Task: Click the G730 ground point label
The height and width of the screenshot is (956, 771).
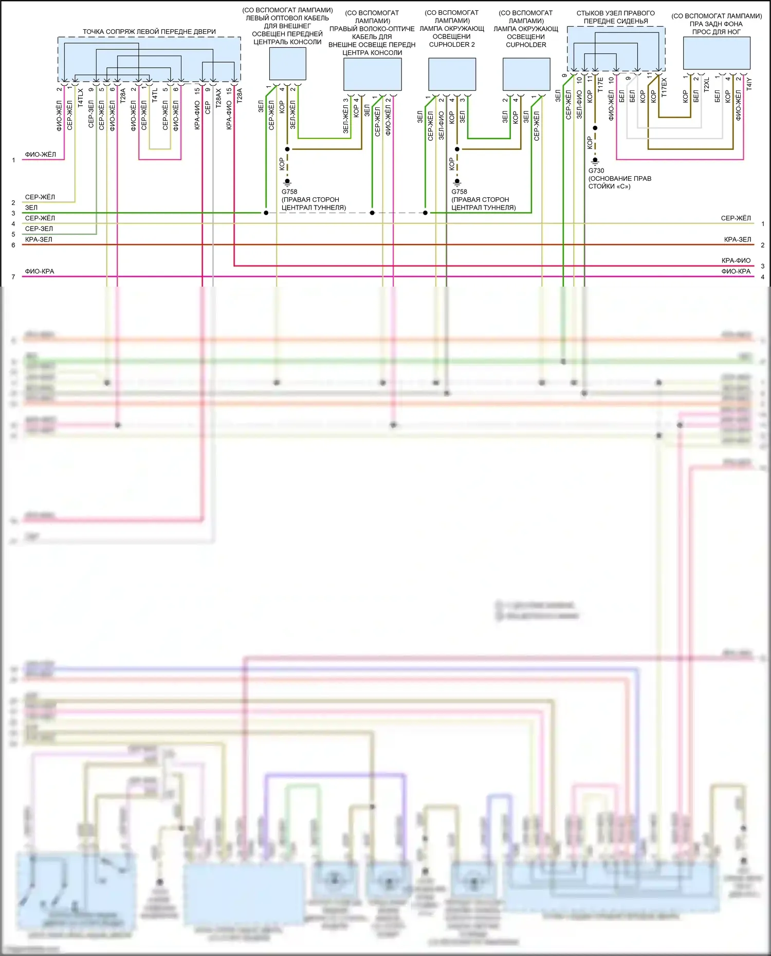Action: [596, 171]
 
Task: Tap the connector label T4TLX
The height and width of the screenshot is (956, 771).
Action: [81, 98]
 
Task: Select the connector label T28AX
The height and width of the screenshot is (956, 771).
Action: [218, 98]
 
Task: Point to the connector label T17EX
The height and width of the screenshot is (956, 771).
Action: [664, 87]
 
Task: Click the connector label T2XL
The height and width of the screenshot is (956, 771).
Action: [706, 85]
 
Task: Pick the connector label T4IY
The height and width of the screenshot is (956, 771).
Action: [749, 84]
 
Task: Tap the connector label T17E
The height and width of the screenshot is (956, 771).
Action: [600, 84]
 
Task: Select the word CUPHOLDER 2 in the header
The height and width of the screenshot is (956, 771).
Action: [452, 45]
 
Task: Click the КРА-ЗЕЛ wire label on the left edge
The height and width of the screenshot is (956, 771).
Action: [39, 239]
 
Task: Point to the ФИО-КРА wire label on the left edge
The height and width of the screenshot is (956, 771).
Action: [40, 271]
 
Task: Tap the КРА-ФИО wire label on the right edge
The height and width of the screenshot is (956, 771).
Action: [736, 260]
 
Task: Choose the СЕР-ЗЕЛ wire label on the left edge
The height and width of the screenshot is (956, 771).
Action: [39, 229]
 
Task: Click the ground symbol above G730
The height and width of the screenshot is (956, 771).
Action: [595, 161]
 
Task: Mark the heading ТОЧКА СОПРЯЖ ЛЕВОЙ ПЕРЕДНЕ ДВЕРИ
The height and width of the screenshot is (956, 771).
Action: [149, 32]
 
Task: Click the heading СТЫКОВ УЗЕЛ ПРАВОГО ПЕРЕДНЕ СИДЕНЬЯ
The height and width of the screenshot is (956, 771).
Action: [616, 17]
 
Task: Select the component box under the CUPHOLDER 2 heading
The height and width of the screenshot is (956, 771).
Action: [452, 74]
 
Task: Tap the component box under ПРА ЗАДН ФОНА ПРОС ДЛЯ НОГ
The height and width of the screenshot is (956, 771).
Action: [717, 53]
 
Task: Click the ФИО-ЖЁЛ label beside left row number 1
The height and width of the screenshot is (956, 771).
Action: [41, 154]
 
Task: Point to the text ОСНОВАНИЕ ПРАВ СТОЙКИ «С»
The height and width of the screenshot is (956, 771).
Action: [619, 182]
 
